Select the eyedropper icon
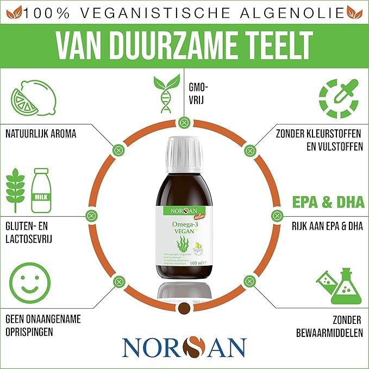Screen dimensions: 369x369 (x=338, y=98)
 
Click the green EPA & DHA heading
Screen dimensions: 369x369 (x=328, y=202)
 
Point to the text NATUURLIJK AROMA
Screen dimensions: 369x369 (x=41, y=133)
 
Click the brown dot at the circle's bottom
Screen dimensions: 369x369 (x=184, y=309)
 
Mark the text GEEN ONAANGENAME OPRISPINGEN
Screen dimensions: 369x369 (x=43, y=325)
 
